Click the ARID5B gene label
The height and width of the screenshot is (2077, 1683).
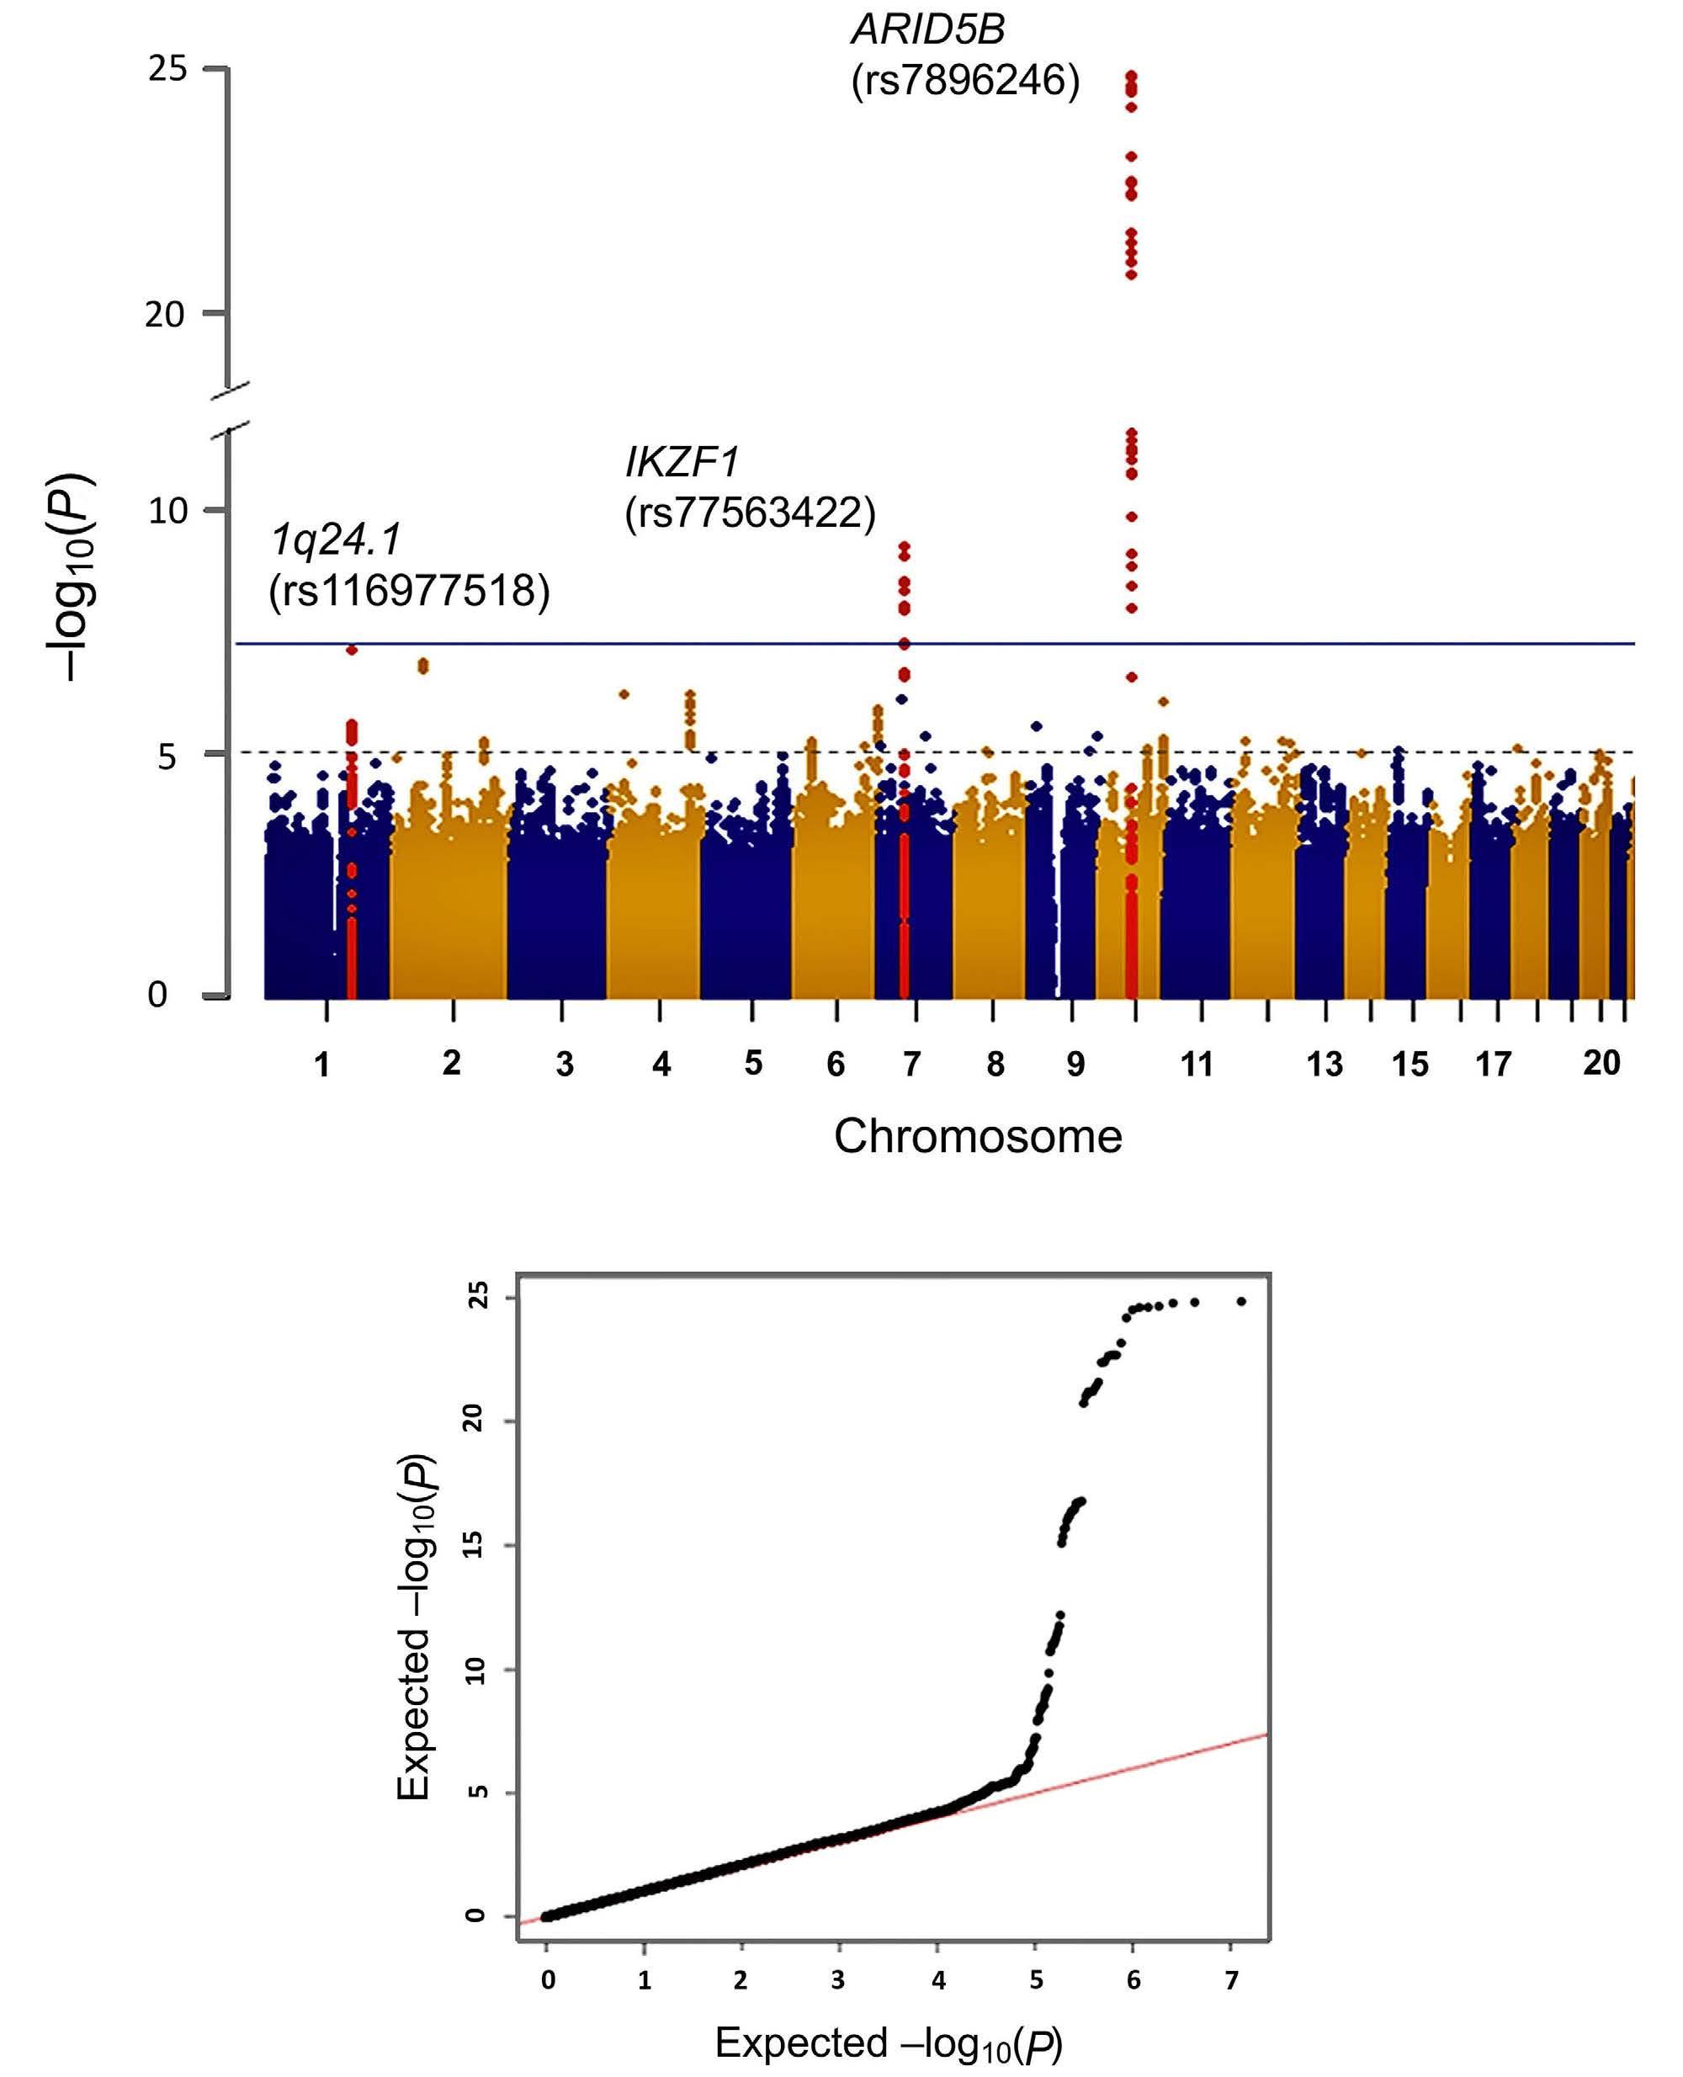tap(928, 30)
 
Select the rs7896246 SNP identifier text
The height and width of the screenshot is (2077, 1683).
tap(964, 81)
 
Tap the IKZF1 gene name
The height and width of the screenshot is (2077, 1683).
tap(682, 463)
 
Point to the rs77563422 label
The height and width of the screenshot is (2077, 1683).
tap(750, 512)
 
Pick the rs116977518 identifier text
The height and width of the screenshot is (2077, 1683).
tap(409, 591)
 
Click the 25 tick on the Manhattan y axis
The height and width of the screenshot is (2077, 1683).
tap(167, 68)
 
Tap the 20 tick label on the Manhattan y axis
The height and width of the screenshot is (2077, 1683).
tap(165, 314)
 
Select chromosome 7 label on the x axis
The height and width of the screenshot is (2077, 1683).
tap(911, 1065)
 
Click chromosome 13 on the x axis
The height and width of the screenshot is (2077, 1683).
tap(1325, 1065)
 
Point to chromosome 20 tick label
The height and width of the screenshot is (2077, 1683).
tap(1601, 1064)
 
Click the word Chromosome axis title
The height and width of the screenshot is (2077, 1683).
tap(977, 1136)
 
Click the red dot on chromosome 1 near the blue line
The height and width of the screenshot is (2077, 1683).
tap(352, 650)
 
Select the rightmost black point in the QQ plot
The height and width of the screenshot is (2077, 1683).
tap(1241, 1301)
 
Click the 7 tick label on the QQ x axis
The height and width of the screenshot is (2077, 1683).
tap(1231, 1980)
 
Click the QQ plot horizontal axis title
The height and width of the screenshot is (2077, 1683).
tap(888, 2044)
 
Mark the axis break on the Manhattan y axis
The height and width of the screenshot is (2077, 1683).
tap(229, 407)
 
